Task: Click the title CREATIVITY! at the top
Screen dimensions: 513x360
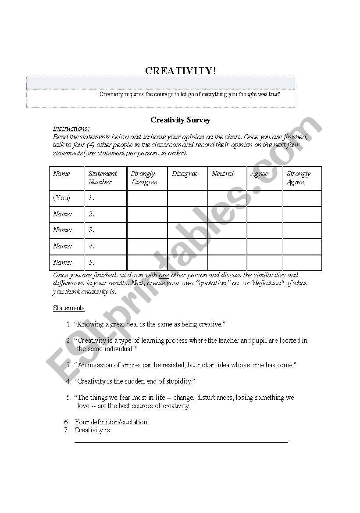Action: pos(180,71)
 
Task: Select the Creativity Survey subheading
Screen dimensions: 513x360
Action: pos(180,120)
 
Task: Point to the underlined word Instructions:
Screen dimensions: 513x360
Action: pos(71,128)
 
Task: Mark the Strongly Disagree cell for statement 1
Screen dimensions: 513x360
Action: pos(147,198)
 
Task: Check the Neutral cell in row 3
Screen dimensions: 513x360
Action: pos(227,230)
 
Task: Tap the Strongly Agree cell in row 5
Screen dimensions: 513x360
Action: pos(302,263)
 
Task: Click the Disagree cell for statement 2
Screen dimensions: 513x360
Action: pos(187,214)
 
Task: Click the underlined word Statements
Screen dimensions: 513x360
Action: pos(68,308)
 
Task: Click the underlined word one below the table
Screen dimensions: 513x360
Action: pos(164,275)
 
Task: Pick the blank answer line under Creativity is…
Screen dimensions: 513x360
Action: pos(181,441)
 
